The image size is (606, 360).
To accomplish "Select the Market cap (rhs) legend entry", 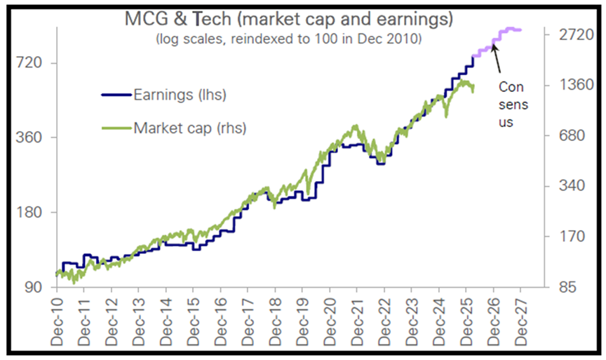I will point(189,128).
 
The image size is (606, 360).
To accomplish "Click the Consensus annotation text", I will point(511,104).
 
